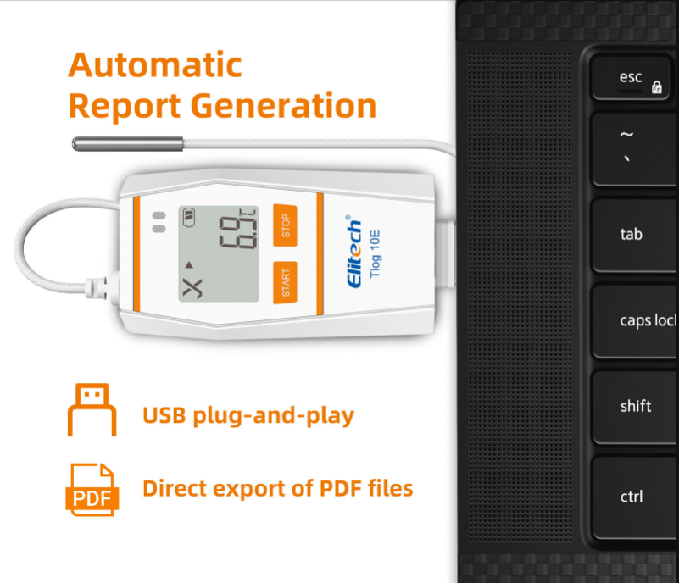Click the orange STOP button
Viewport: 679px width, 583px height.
pos(285,225)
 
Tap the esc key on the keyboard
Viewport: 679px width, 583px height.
pos(631,78)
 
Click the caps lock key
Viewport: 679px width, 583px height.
pos(635,320)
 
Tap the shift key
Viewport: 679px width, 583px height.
pos(635,407)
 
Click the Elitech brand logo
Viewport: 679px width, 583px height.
pos(353,252)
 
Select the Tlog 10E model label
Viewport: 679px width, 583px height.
pos(375,253)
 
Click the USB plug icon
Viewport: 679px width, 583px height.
pos(92,409)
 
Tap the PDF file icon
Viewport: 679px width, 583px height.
pos(92,490)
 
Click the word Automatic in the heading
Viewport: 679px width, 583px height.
pos(155,65)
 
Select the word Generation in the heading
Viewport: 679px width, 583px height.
pos(283,107)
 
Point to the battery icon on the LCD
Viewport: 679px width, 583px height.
pos(189,217)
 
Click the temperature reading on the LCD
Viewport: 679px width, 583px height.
pos(237,232)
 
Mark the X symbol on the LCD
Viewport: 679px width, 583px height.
pos(192,288)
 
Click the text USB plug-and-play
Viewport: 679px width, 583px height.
pos(248,415)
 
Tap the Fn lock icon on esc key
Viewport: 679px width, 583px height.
pos(657,87)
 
